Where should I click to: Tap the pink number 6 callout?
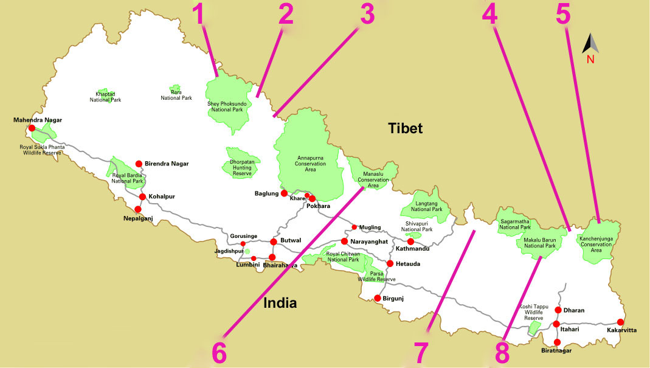[x=219, y=352]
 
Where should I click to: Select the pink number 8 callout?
[x=502, y=352]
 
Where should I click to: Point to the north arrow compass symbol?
[x=590, y=46]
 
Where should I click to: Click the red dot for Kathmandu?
[x=410, y=241]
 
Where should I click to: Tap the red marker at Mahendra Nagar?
[x=32, y=128]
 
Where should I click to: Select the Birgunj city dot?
[x=378, y=298]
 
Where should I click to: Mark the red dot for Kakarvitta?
[x=620, y=322]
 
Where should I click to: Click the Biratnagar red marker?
[x=558, y=342]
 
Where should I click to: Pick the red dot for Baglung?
[x=284, y=193]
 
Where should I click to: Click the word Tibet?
[x=406, y=128]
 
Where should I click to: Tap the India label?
[x=280, y=303]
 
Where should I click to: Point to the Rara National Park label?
[x=176, y=95]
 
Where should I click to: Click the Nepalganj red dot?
[x=138, y=209]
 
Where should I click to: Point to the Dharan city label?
[x=574, y=310]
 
